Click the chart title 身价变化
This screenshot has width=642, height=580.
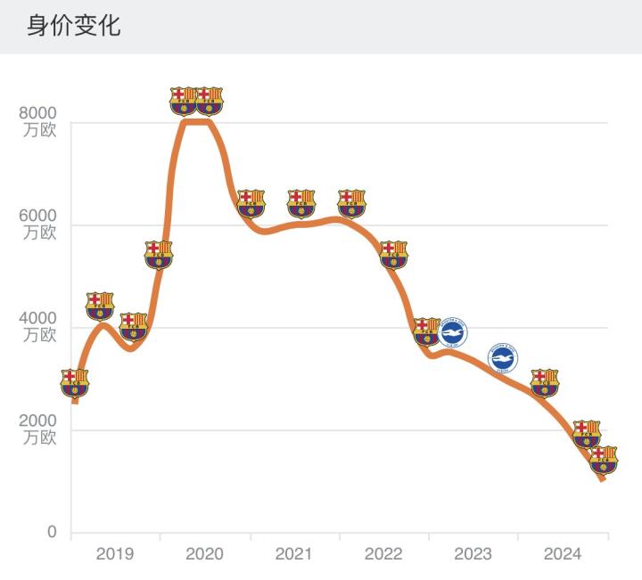[74, 26]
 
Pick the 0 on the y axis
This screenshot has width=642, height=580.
[52, 532]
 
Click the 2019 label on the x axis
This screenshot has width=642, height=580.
[115, 554]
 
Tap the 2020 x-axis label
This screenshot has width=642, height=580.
[204, 554]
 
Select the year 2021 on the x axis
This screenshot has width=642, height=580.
[294, 554]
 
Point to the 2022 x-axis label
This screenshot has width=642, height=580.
[383, 554]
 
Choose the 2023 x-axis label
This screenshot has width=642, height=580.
[473, 554]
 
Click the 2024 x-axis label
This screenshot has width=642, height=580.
[562, 554]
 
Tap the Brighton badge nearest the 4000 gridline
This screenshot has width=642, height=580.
[453, 332]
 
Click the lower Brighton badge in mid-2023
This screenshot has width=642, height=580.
[503, 358]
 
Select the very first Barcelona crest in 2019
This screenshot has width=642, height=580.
[75, 383]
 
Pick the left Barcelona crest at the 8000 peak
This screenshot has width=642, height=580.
[184, 102]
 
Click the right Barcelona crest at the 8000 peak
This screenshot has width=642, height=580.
[210, 102]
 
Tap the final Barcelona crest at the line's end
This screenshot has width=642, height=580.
[604, 460]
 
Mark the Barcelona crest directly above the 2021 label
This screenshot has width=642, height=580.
[301, 204]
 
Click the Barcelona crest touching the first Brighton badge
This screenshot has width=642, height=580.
[427, 331]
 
